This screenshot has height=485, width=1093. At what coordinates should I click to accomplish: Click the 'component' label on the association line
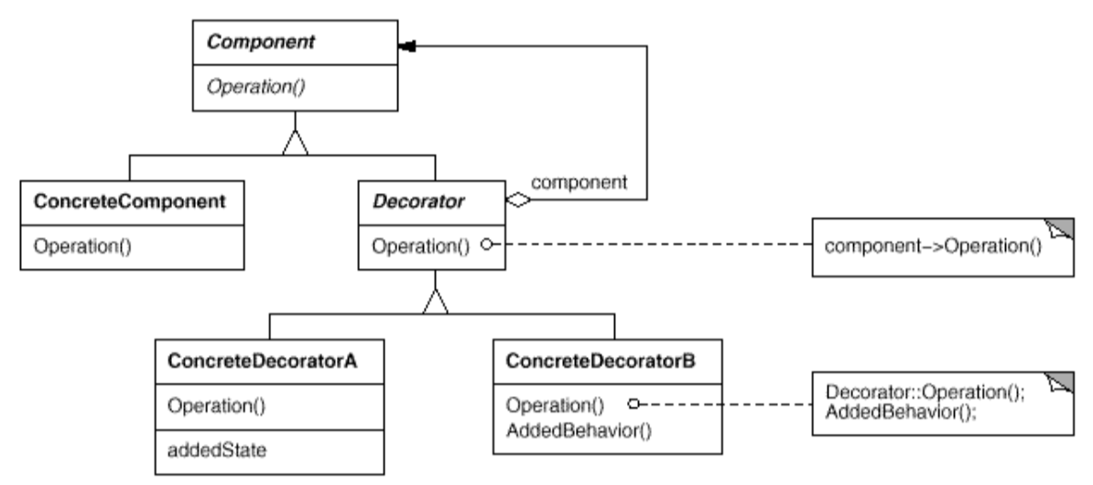click(x=579, y=182)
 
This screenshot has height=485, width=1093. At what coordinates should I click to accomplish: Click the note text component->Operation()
click(x=932, y=246)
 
